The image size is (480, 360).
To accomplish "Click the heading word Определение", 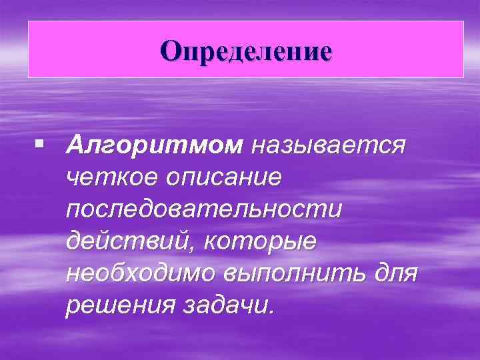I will [245, 51].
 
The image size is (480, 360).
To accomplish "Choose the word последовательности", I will [203, 209].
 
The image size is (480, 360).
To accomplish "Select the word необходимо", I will [144, 273].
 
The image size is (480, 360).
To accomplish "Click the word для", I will [397, 273].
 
